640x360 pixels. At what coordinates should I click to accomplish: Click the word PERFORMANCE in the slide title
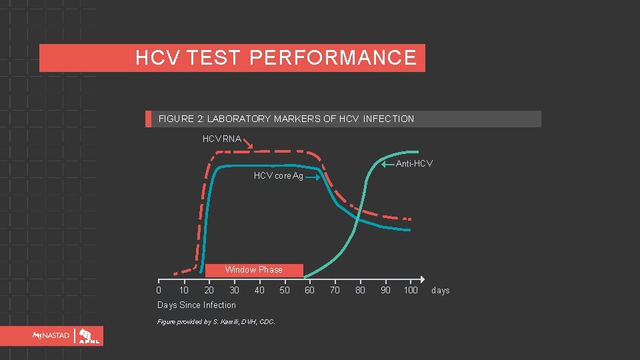[x=333, y=58]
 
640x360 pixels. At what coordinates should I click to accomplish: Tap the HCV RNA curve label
[x=222, y=139]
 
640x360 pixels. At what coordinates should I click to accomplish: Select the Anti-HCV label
[x=414, y=163]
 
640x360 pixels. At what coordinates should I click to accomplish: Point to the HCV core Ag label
[x=279, y=176]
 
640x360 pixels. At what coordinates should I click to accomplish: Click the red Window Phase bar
[x=254, y=270]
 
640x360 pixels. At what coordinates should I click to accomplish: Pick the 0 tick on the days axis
[x=158, y=290]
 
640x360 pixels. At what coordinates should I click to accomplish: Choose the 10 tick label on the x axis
[x=183, y=290]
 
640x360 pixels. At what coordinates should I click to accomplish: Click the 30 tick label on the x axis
[x=234, y=290]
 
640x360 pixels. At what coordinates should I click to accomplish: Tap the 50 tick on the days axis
[x=285, y=290]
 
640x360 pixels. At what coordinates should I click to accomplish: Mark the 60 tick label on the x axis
[x=309, y=290]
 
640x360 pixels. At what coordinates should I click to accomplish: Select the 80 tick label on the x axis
[x=360, y=290]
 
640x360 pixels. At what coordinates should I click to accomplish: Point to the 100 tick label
[x=411, y=290]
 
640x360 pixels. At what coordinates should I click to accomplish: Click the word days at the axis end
[x=441, y=291]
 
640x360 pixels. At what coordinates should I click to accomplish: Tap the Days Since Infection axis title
[x=197, y=305]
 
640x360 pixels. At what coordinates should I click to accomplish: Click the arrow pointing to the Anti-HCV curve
[x=388, y=164]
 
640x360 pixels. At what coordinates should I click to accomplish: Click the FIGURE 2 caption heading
[x=286, y=119]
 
